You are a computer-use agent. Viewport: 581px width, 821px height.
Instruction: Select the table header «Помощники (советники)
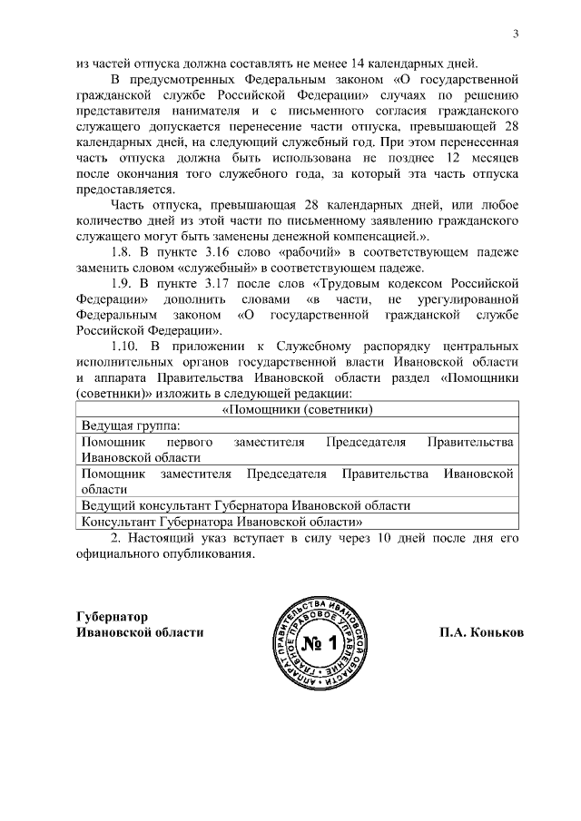299,408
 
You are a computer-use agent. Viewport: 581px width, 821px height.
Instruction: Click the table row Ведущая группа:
131,425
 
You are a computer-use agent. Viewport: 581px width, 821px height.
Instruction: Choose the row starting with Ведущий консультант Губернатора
245,505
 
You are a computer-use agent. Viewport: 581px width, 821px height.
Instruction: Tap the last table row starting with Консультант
222,522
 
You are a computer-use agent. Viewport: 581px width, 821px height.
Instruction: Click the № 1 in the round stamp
322,648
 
